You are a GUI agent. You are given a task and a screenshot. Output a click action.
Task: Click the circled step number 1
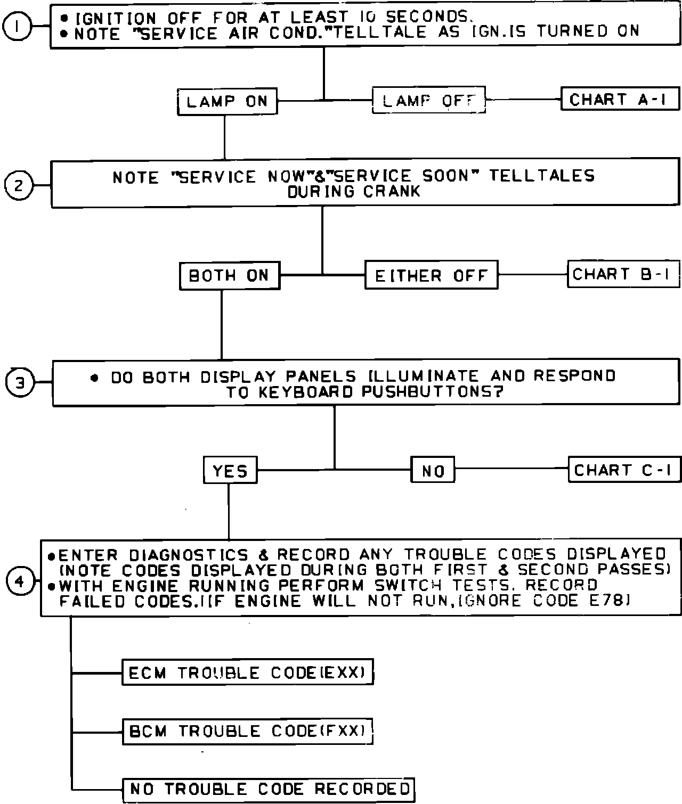[17, 27]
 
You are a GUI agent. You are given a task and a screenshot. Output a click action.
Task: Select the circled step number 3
[20, 383]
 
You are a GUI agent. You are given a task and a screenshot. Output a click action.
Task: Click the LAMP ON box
[227, 101]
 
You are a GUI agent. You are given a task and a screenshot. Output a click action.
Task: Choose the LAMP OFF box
[428, 100]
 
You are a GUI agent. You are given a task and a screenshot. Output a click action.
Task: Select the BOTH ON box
[229, 275]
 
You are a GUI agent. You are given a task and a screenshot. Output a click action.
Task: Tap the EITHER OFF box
[431, 275]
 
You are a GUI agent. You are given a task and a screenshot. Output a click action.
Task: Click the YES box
[230, 470]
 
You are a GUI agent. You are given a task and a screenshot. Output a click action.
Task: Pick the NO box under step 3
[433, 470]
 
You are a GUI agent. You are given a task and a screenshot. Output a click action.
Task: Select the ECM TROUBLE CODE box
[247, 672]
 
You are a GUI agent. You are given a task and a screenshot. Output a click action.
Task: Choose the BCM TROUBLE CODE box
[247, 731]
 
